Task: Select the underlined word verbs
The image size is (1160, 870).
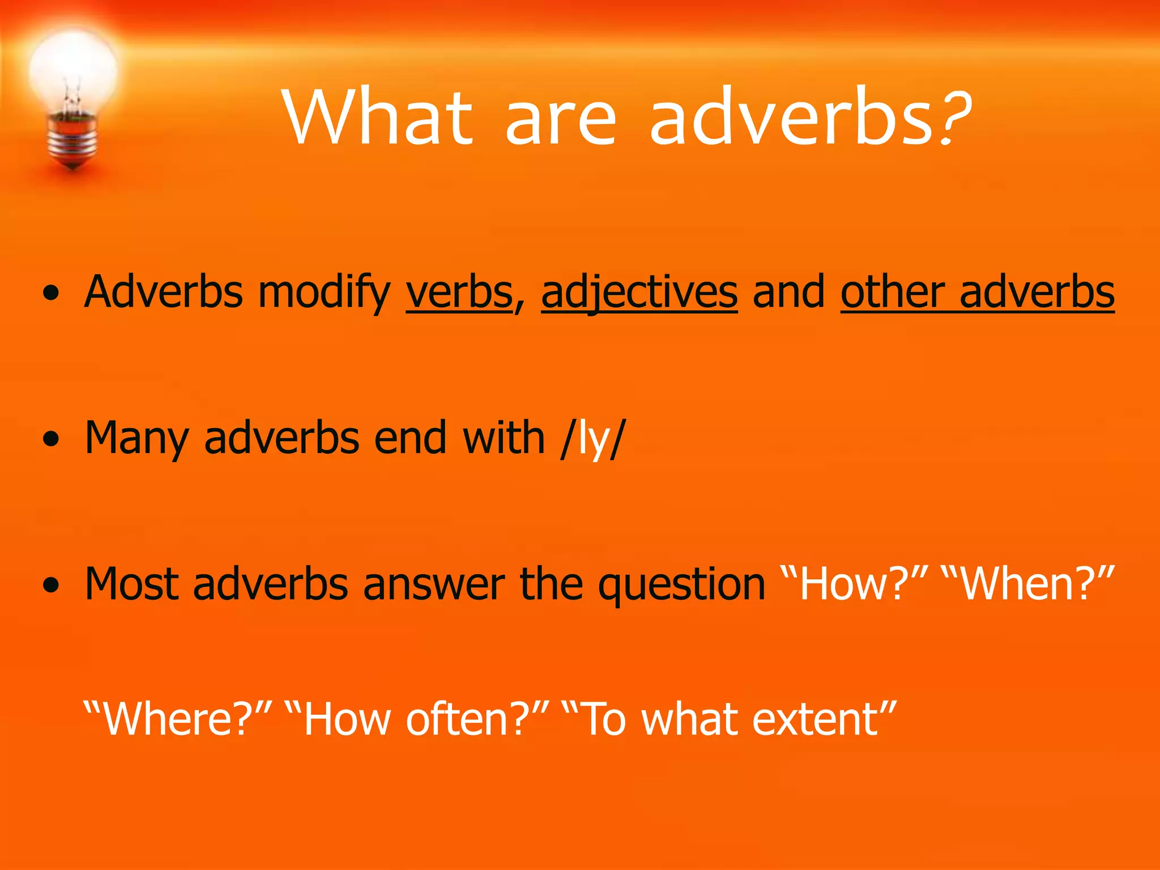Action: point(459,292)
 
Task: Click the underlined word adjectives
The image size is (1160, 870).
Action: point(639,292)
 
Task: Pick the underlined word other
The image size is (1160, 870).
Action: point(892,292)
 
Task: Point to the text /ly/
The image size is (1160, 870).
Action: point(592,438)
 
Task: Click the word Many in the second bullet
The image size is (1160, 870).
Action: point(136,438)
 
